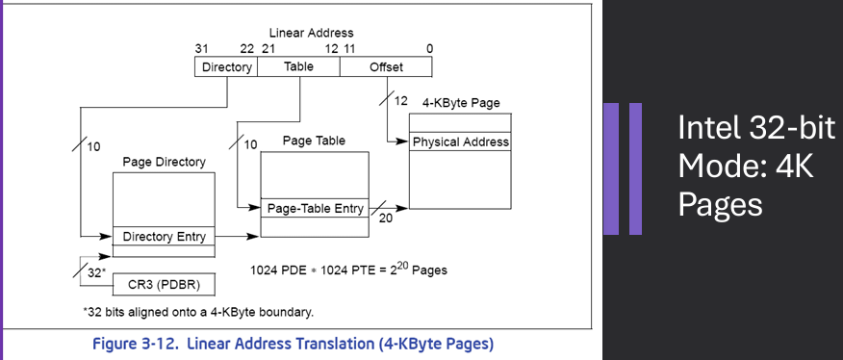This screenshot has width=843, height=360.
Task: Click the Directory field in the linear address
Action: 226,67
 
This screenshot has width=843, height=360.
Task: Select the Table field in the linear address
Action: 298,67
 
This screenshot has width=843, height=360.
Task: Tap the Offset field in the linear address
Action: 386,67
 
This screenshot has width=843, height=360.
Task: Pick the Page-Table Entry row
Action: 314,207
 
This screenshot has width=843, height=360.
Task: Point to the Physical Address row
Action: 460,142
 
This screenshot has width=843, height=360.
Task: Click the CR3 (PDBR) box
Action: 165,285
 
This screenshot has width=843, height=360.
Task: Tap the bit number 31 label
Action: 202,48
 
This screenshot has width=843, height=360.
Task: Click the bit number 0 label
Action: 428,48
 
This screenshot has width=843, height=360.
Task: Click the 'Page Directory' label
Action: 165,163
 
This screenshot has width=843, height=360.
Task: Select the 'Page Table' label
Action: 314,141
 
